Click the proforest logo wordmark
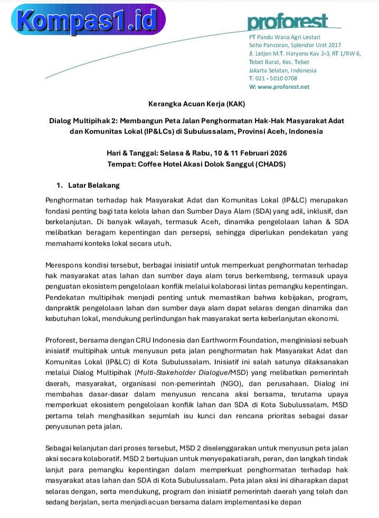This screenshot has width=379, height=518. [x=288, y=23]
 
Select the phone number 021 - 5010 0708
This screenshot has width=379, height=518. [x=276, y=78]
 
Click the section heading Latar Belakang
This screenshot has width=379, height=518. [x=94, y=185]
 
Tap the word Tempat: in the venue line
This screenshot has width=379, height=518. [x=121, y=164]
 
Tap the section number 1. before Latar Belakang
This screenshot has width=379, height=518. [x=60, y=185]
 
